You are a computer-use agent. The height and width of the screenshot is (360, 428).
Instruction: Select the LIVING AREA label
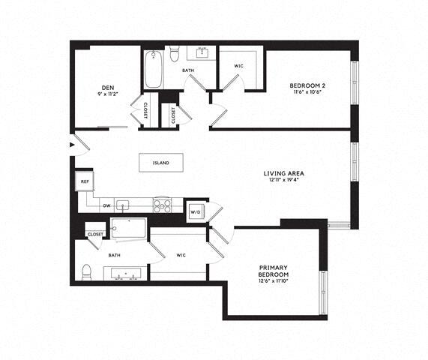[x=283, y=174]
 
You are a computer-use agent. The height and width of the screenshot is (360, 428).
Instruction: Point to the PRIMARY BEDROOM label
[x=275, y=271]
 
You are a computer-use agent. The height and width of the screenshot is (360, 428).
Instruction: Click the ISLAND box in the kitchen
[x=160, y=163]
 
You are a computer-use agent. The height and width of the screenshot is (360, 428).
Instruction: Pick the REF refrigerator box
[x=84, y=181]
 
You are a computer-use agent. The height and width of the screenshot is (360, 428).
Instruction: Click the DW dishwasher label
[x=106, y=205]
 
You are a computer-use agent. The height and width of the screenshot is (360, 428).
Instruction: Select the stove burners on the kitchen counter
[x=162, y=204]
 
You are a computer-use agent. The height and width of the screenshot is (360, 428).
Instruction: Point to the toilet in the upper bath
[x=175, y=53]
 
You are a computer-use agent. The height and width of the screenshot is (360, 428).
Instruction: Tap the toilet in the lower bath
[x=87, y=271]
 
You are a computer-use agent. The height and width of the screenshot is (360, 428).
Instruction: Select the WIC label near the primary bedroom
[x=181, y=255]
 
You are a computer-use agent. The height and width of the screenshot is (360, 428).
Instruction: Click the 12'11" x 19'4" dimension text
[x=283, y=181]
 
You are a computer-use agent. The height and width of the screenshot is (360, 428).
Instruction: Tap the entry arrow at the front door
[x=71, y=144]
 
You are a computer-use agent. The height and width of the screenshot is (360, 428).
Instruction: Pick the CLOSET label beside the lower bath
[x=95, y=234]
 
